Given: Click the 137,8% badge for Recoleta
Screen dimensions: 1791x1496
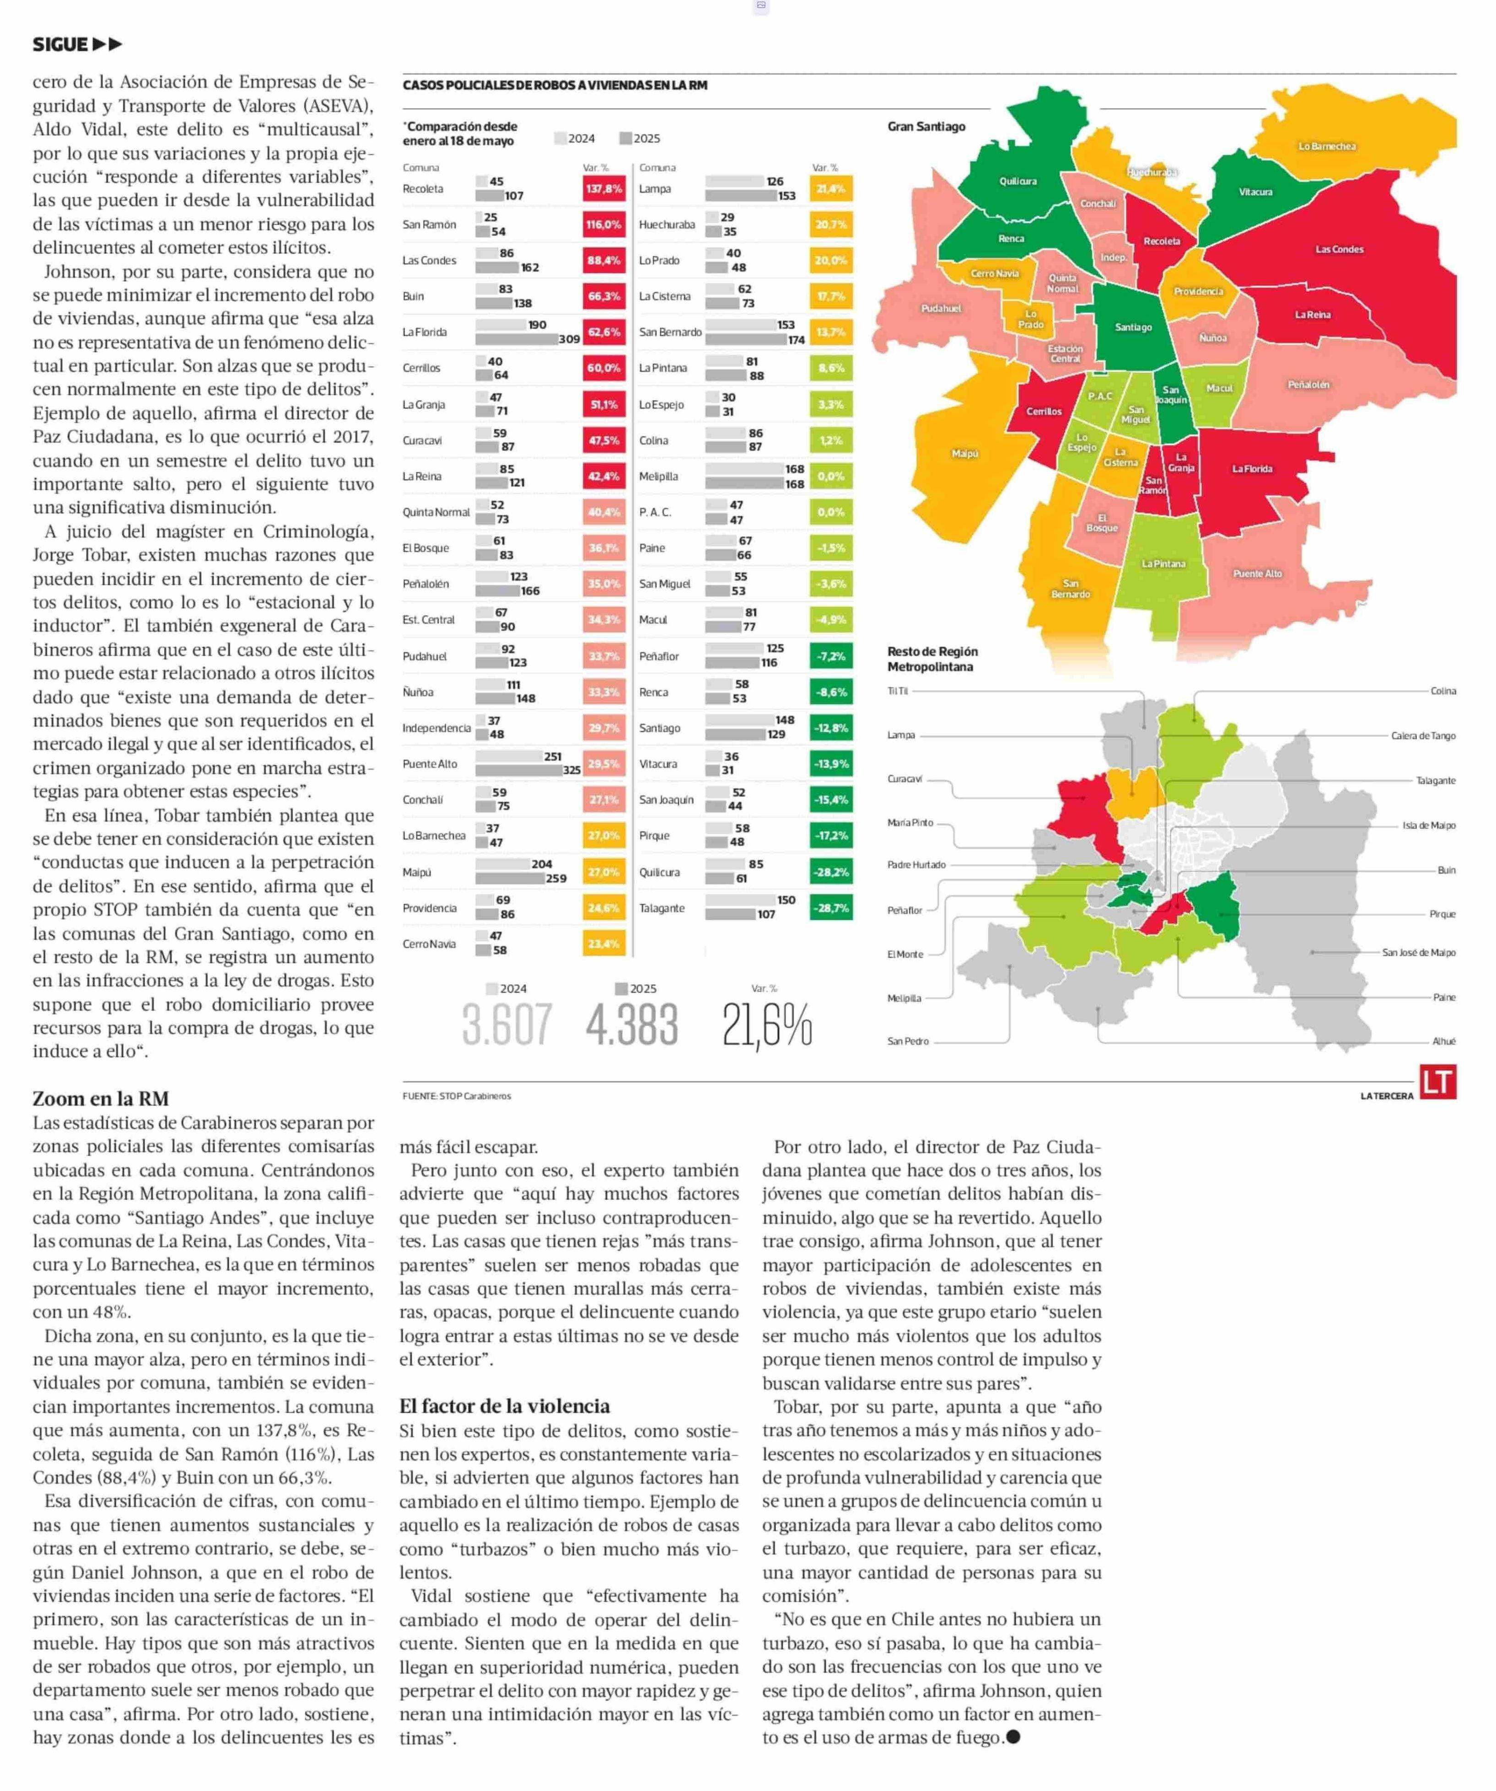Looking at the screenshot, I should coord(604,188).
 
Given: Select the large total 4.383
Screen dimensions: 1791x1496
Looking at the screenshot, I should coord(631,1024).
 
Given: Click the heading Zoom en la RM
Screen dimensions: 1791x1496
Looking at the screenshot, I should coord(101,1099).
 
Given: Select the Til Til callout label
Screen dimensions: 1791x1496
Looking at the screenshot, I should coord(897,691).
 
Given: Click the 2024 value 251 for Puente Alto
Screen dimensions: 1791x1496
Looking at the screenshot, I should coord(553,756).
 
